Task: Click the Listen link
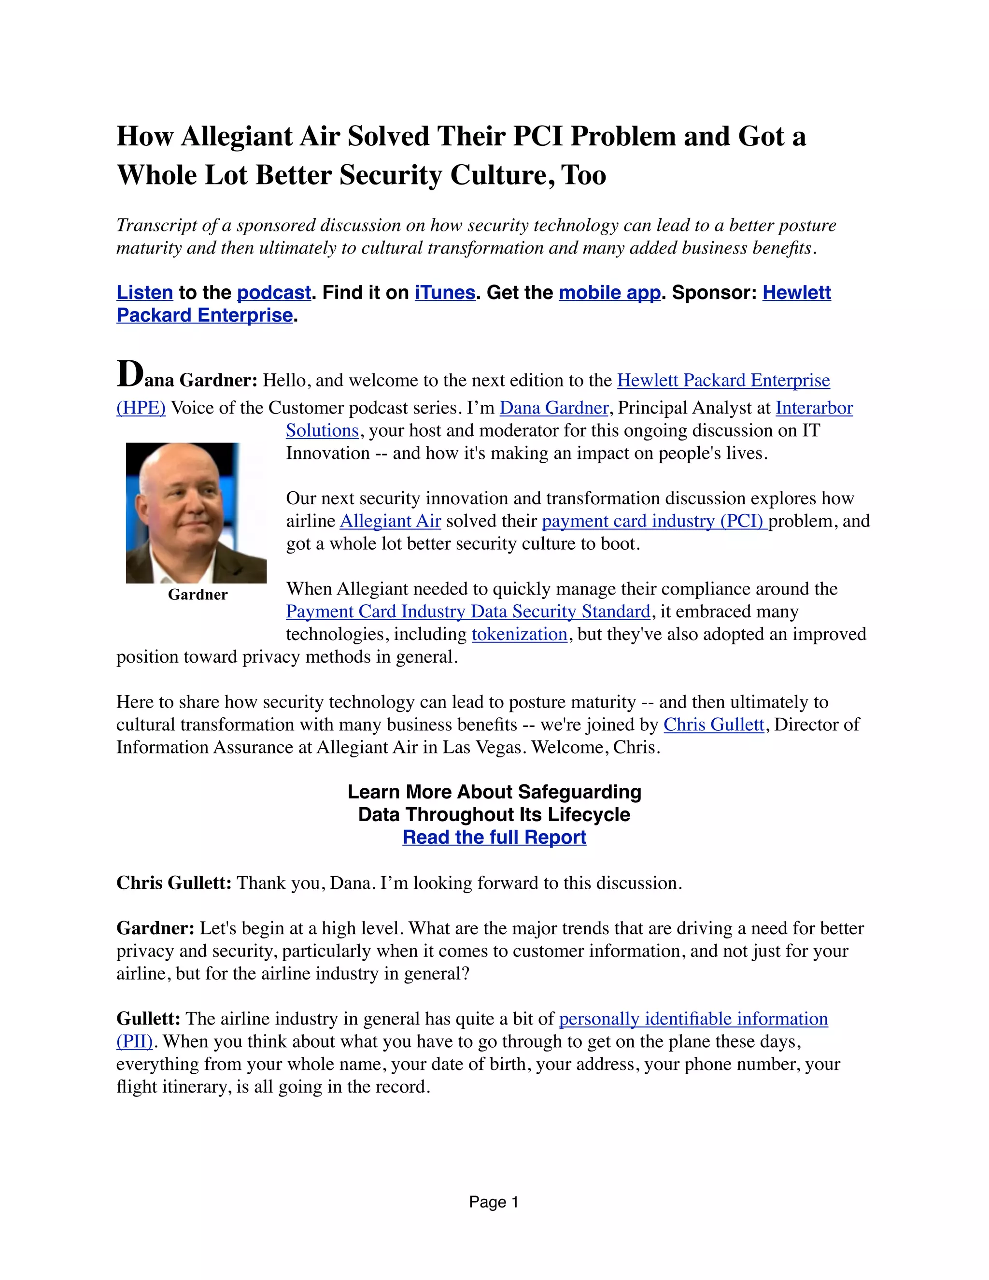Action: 145,292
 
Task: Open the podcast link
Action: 274,292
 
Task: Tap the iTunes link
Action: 445,292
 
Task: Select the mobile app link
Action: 609,292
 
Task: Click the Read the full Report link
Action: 494,837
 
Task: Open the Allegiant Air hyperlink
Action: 390,521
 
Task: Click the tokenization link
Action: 519,634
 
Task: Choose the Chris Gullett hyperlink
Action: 714,725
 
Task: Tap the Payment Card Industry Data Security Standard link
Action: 468,612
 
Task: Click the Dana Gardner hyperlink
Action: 554,408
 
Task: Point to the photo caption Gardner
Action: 198,595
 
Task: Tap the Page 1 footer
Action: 494,1202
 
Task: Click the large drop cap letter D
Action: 129,374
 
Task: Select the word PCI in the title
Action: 537,137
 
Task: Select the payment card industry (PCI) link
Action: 654,521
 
